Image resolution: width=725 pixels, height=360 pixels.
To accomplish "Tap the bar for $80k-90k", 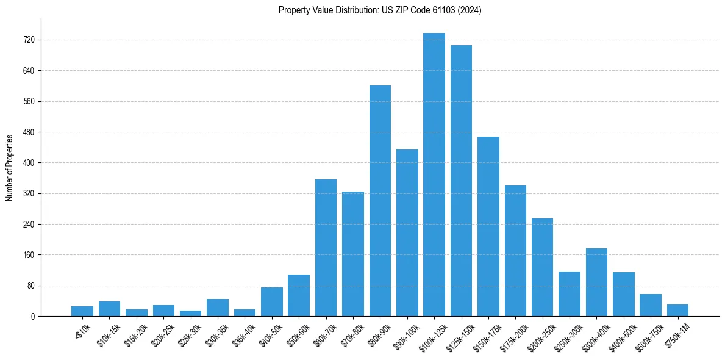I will (x=380, y=201).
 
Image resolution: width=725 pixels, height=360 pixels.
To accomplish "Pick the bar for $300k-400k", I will (x=596, y=282).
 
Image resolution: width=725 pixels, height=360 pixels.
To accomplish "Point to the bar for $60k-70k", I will (x=326, y=248).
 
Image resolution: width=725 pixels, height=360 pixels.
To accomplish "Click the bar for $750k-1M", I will (x=677, y=310).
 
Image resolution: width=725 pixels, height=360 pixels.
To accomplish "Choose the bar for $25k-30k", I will (x=190, y=313).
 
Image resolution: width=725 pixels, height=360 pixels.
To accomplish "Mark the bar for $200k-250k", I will (x=542, y=267).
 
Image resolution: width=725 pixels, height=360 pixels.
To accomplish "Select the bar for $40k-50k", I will (x=271, y=301).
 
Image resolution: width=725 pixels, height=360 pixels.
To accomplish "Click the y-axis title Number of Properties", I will (x=9, y=167).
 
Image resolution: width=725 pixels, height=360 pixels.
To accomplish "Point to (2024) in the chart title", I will (x=471, y=10).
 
